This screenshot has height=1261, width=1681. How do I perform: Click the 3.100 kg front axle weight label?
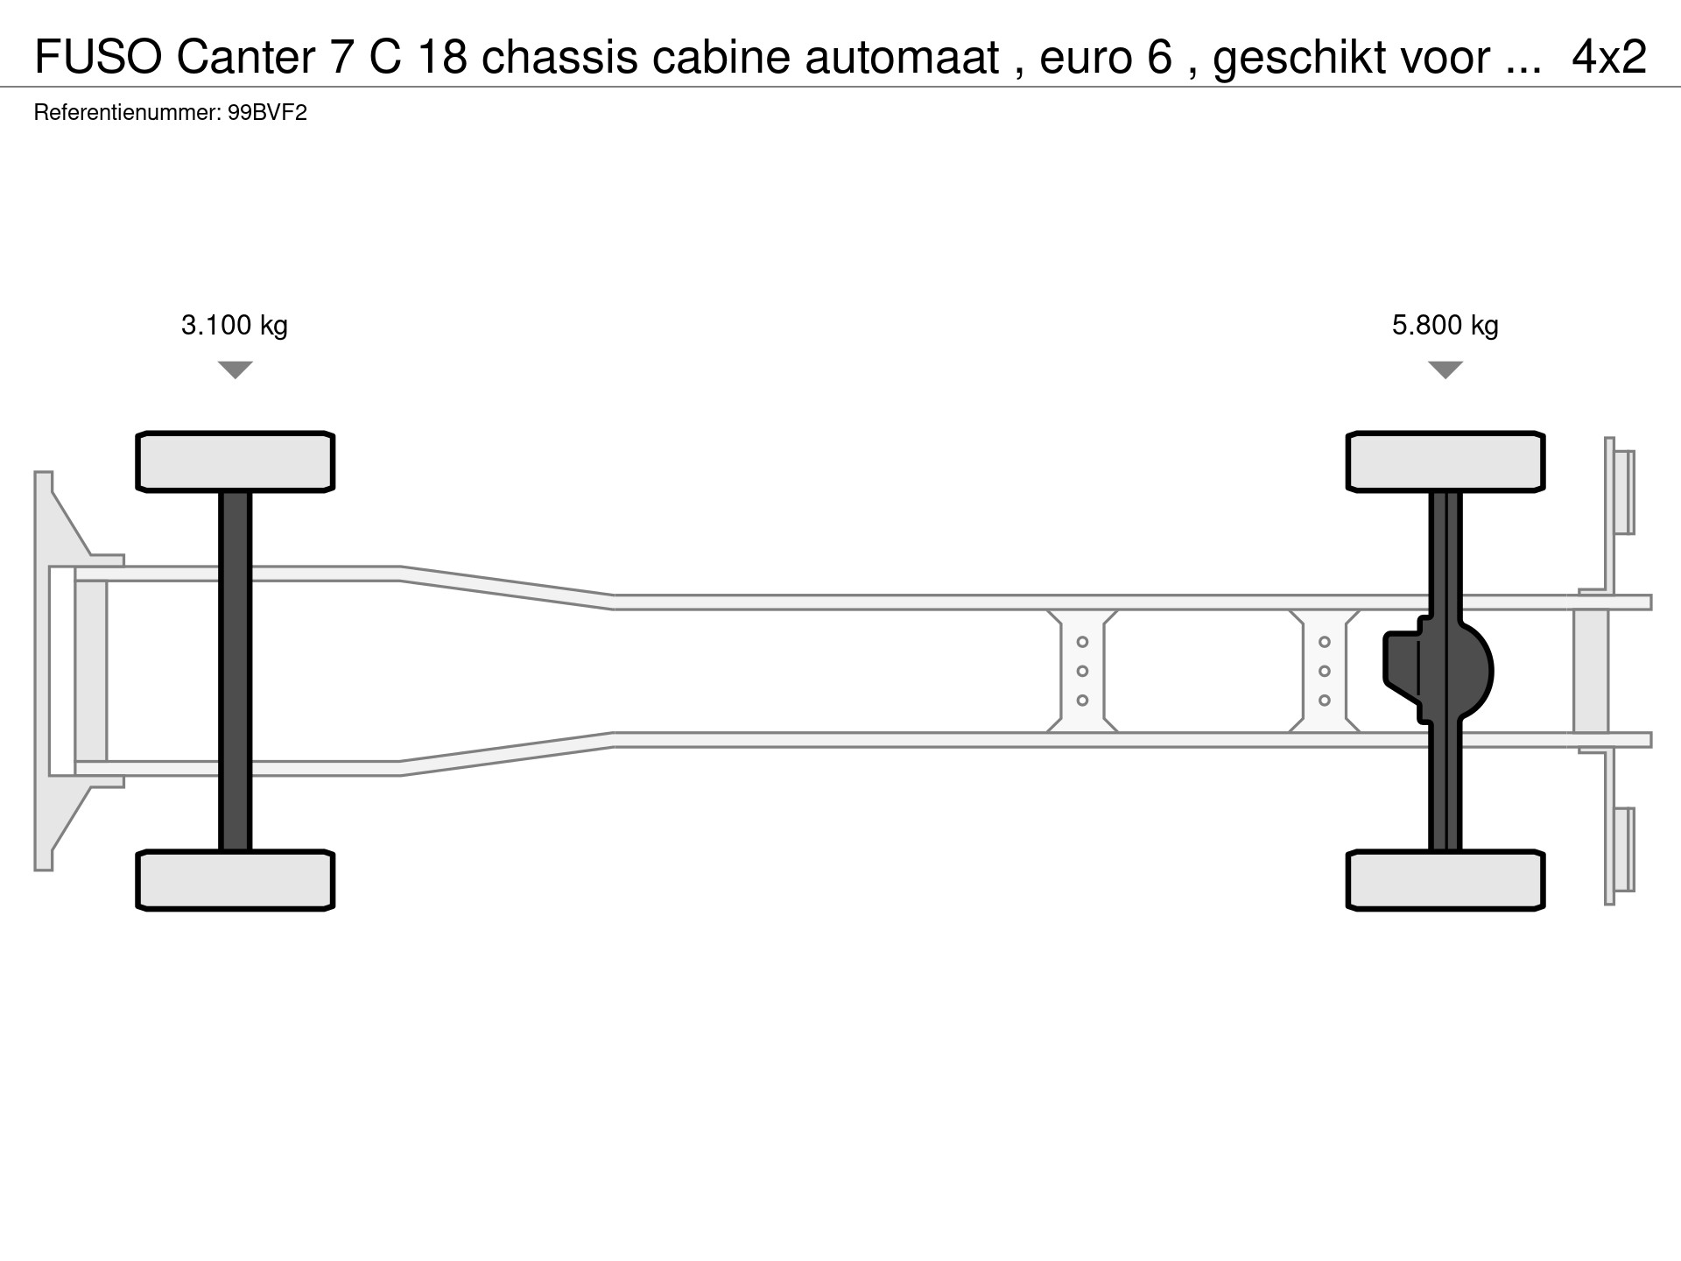point(235,326)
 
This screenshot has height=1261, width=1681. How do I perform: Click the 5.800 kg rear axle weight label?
point(1445,326)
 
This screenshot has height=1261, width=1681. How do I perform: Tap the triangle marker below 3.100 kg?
point(235,370)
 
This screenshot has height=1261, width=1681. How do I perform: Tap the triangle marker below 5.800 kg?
point(1445,370)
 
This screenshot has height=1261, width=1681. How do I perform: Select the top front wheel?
point(236,461)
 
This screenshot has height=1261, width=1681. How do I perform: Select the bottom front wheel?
point(236,880)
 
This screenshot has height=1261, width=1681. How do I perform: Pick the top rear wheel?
point(1445,461)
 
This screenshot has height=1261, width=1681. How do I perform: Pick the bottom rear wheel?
point(1445,880)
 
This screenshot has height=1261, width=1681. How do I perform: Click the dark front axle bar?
point(236,671)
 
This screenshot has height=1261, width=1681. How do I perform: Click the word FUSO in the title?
point(98,58)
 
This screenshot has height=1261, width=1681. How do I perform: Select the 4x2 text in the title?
point(1609,58)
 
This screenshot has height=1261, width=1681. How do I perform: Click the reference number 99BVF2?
point(267,113)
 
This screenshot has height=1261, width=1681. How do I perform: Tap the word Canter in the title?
point(246,58)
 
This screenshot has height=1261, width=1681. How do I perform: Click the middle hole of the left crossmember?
point(1082,671)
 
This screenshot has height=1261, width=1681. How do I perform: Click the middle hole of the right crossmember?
point(1325,671)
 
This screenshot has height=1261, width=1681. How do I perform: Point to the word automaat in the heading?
point(902,58)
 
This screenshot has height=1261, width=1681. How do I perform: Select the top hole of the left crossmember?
point(1082,642)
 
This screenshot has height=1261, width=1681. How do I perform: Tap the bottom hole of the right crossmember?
point(1325,701)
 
